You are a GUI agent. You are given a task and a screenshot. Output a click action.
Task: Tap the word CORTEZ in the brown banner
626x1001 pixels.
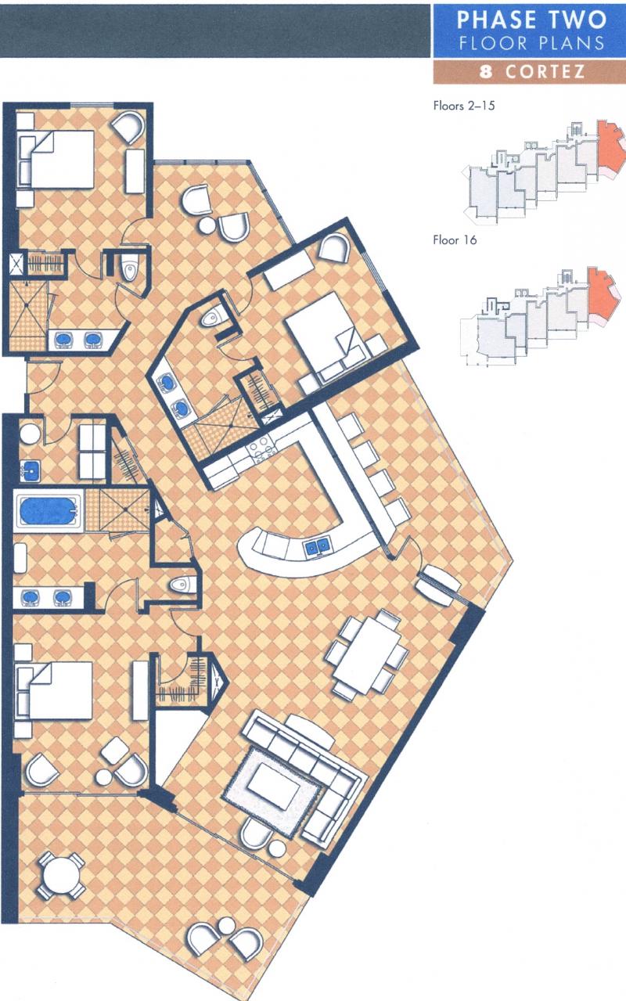[x=545, y=71]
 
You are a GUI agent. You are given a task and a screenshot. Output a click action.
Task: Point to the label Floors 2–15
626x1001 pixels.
[x=464, y=106]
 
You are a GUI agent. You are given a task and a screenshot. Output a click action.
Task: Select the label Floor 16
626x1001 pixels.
[x=455, y=240]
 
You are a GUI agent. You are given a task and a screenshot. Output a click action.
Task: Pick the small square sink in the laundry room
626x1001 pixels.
[x=30, y=471]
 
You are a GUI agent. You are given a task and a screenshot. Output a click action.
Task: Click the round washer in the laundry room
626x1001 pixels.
[x=31, y=433]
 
